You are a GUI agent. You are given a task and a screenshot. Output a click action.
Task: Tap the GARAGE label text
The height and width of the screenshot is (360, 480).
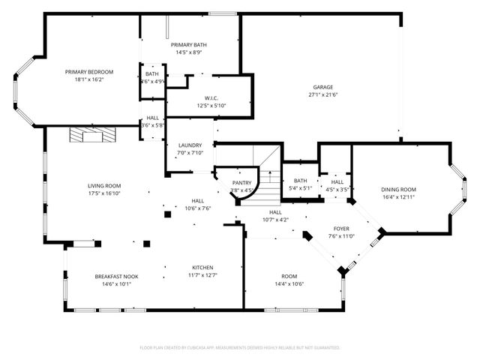pyautogui.click(x=323, y=87)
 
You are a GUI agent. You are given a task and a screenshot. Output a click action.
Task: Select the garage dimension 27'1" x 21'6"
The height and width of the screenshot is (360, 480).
pyautogui.click(x=323, y=94)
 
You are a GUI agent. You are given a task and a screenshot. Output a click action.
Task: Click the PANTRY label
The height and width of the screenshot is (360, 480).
pyautogui.click(x=241, y=182)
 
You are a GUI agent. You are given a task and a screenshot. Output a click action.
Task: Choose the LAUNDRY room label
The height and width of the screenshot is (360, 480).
pyautogui.click(x=190, y=145)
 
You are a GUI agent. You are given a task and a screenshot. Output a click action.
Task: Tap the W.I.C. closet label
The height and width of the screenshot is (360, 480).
pyautogui.click(x=211, y=98)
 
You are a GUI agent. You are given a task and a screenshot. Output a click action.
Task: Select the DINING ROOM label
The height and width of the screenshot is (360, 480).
pyautogui.click(x=399, y=189)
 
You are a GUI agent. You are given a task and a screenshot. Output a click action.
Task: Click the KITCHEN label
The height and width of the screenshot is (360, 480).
pyautogui.click(x=202, y=268)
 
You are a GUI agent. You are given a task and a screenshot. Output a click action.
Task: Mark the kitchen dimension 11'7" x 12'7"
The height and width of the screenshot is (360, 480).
pyautogui.click(x=202, y=275)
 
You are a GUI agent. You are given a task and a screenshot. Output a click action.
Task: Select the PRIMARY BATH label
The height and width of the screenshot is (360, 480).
pyautogui.click(x=189, y=45)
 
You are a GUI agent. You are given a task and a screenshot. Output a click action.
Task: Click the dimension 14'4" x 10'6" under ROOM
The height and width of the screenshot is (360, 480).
pyautogui.click(x=288, y=283)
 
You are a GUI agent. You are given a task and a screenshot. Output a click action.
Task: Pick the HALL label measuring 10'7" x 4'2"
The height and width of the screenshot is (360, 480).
pyautogui.click(x=276, y=213)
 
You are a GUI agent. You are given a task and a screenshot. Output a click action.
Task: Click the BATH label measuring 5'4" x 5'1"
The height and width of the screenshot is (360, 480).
pyautogui.click(x=301, y=181)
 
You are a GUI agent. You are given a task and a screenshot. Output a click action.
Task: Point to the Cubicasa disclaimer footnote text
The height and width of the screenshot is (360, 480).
pyautogui.click(x=240, y=348)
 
